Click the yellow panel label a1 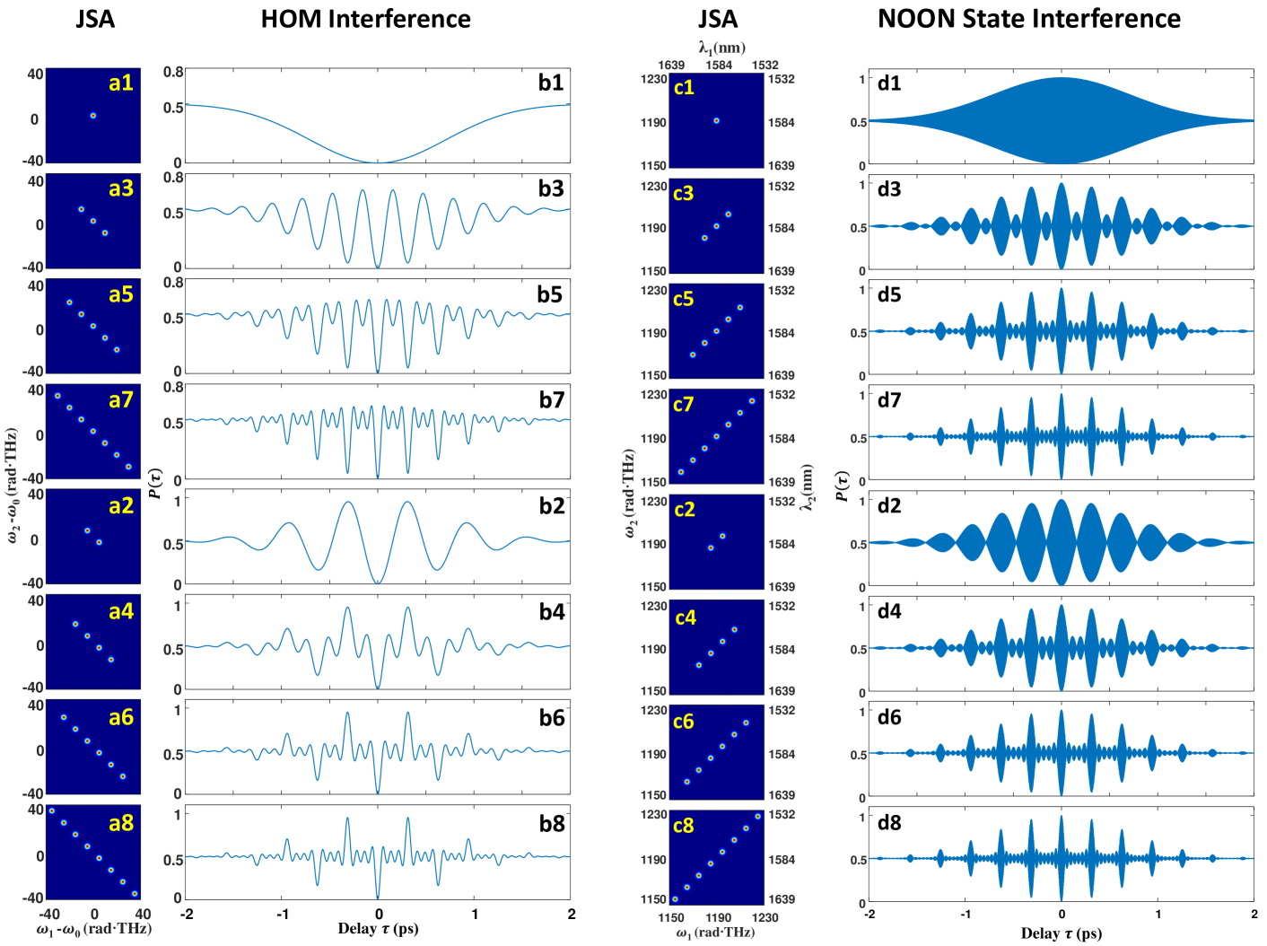pos(120,83)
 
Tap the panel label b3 pos(551,188)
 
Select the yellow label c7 pos(684,405)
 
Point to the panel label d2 pos(889,506)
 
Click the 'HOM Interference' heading pos(365,19)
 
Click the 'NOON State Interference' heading pos(1028,19)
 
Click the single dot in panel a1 pos(92,116)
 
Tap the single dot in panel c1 pos(716,120)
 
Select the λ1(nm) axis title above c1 pos(721,48)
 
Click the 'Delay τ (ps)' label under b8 pos(378,928)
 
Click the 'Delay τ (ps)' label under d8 pos(1061,933)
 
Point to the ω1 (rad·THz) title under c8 pos(715,933)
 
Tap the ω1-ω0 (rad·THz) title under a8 pos(93,929)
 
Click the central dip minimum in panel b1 pos(378,162)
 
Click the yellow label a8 pos(120,823)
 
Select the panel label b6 pos(551,718)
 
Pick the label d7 pos(889,400)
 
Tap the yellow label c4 pos(685,618)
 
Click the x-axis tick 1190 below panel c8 pos(718,917)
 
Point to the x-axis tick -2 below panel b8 pos(187,915)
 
